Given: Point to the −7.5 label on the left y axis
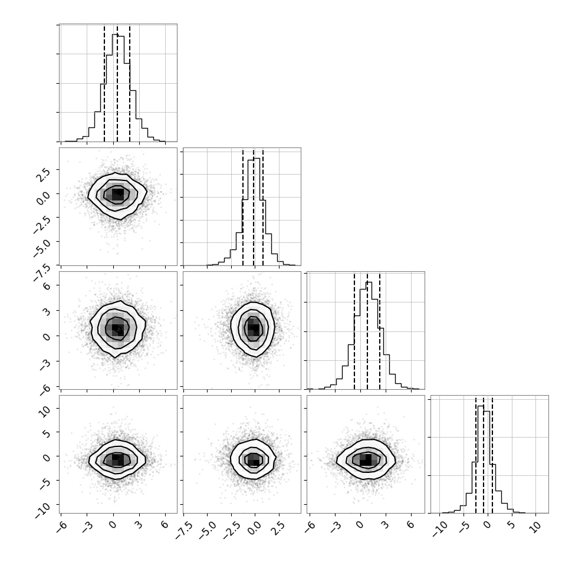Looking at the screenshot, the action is click(x=42, y=273).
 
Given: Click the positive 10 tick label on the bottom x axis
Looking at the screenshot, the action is click(x=536, y=528).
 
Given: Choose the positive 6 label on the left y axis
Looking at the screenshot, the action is click(x=47, y=286).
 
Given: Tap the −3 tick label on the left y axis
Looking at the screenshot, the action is click(x=44, y=364).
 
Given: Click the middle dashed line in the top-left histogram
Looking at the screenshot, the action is click(x=117, y=84).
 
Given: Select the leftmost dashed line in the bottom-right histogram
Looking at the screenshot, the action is click(x=476, y=455).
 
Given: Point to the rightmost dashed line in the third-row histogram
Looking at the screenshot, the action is click(x=380, y=331).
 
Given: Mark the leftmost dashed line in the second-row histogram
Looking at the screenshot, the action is click(x=243, y=207).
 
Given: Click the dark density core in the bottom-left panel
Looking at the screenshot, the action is click(x=117, y=459).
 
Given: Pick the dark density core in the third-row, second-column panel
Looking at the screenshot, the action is click(x=254, y=328).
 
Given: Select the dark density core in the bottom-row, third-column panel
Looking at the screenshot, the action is click(x=366, y=459).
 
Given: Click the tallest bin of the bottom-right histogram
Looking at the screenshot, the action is click(x=481, y=459).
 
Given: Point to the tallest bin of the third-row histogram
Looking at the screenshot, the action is click(x=369, y=336).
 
